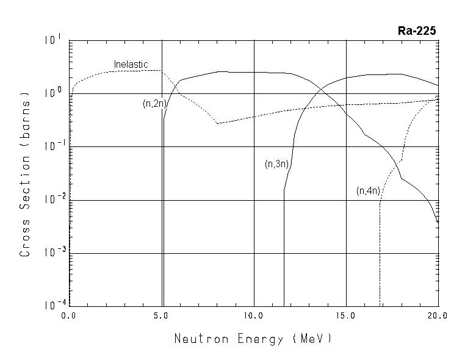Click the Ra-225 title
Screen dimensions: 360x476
click(x=417, y=31)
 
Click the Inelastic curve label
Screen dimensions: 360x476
click(x=131, y=65)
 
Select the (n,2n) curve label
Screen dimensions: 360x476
click(x=154, y=104)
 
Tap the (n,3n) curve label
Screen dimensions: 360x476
click(x=276, y=164)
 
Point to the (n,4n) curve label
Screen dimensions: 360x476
click(x=368, y=191)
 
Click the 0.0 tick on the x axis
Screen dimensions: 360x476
click(x=69, y=316)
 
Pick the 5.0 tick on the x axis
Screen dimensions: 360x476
click(x=161, y=316)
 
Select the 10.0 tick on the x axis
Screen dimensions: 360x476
click(x=253, y=316)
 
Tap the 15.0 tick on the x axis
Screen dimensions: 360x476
click(x=345, y=316)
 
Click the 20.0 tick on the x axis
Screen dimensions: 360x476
click(x=438, y=316)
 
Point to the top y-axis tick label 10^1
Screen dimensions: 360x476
click(x=53, y=41)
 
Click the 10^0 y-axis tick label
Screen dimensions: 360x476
click(x=53, y=93)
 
